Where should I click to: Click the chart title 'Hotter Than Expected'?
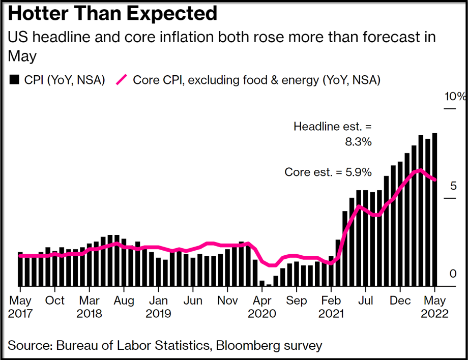112,14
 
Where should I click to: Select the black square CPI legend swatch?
14,80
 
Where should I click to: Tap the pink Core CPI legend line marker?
122,80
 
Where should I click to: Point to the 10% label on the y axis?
454,97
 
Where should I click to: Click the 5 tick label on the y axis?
453,186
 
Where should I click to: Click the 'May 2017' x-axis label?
20,307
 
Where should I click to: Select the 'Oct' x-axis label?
55,301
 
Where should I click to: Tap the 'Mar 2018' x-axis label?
89,307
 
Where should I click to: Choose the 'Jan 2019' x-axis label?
158,307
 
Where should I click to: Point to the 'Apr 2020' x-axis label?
261,307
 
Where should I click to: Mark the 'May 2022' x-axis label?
434,307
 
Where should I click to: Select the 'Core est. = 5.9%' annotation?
328,172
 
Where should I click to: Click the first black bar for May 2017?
20,269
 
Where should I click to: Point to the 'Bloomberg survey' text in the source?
269,346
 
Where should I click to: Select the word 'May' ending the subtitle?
22,56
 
